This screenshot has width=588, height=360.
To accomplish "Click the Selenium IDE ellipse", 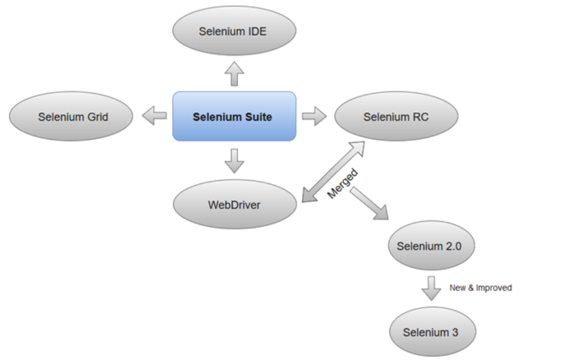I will [x=234, y=31].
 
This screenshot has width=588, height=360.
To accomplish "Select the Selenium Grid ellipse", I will [x=71, y=116].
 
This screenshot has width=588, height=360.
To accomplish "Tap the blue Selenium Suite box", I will [x=234, y=116].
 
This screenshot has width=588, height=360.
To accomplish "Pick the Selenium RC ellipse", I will [x=396, y=116].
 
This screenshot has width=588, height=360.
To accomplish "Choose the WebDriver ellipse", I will [x=234, y=204].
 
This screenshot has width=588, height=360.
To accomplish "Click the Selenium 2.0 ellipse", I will [x=431, y=246].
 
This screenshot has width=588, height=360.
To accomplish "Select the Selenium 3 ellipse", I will [x=431, y=332].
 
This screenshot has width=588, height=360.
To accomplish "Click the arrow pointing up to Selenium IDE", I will [x=234, y=74].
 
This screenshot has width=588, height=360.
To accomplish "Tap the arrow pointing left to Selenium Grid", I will [x=154, y=116].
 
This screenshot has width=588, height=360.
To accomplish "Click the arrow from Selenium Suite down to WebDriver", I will [x=234, y=161].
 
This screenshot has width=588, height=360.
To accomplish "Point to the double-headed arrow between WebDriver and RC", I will [x=332, y=171].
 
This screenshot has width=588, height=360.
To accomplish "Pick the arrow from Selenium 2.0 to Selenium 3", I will [x=431, y=288].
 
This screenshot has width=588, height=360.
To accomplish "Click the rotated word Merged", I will [x=343, y=183].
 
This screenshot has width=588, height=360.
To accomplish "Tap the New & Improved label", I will [x=480, y=288].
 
